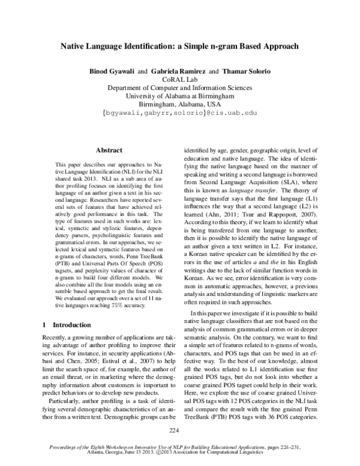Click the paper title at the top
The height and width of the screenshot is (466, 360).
click(180, 46)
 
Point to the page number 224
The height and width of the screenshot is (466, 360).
click(175, 429)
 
